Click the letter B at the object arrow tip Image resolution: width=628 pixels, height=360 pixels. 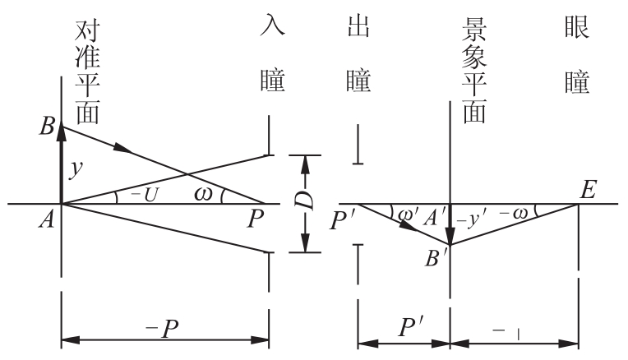pyautogui.click(x=47, y=126)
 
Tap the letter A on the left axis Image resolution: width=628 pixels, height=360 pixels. pyautogui.click(x=47, y=219)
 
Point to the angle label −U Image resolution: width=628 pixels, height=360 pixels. pyautogui.click(x=145, y=195)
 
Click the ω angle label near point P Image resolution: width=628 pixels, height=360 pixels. pyautogui.click(x=203, y=194)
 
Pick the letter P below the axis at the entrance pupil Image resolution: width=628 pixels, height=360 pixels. pyautogui.click(x=255, y=219)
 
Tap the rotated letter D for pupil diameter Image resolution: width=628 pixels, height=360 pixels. pyautogui.click(x=305, y=201)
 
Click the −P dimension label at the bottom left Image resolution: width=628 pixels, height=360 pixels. pyautogui.click(x=162, y=329)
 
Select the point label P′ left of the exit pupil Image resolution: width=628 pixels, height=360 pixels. pyautogui.click(x=342, y=220)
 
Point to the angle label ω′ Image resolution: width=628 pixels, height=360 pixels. pyautogui.click(x=409, y=215)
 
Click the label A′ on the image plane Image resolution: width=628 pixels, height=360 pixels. pyautogui.click(x=435, y=219)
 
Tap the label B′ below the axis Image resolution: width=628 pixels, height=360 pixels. pyautogui.click(x=436, y=258)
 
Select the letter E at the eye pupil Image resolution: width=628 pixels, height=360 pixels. pyautogui.click(x=589, y=189)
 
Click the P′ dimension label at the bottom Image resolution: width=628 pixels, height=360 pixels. pyautogui.click(x=411, y=327)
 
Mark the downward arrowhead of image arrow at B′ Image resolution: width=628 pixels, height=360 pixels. pyautogui.click(x=450, y=235)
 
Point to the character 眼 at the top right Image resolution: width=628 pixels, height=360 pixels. pyautogui.click(x=577, y=26)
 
